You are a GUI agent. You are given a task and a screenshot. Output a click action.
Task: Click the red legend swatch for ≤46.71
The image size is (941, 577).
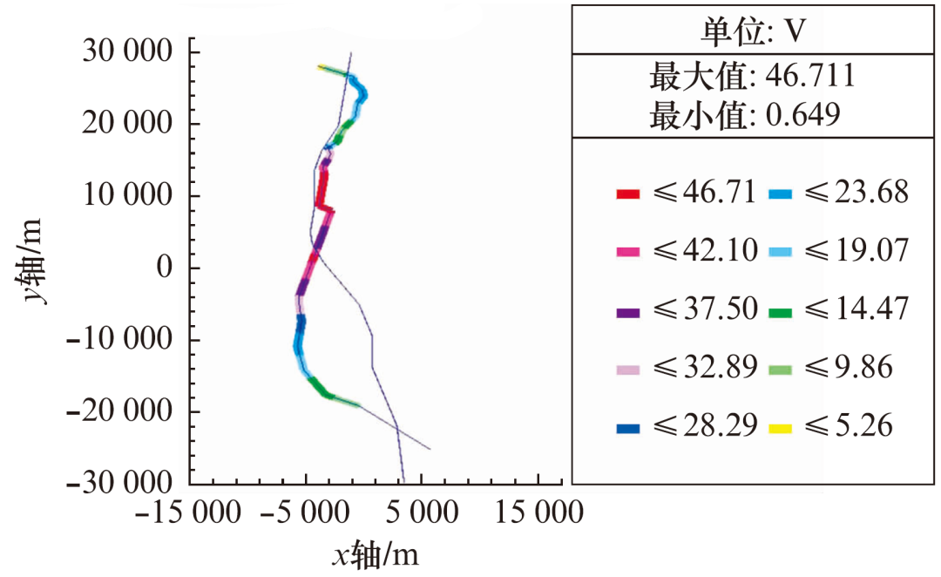tap(628, 193)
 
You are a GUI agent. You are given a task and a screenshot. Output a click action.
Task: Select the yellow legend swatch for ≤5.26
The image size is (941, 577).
tap(778, 427)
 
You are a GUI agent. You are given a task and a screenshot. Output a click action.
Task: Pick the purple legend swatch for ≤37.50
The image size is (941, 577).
tap(628, 309)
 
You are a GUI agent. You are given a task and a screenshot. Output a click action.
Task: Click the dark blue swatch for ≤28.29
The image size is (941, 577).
tap(628, 427)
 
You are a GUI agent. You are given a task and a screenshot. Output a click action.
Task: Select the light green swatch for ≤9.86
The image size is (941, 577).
tap(778, 369)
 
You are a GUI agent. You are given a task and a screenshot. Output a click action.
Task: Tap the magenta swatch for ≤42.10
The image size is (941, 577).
tap(628, 251)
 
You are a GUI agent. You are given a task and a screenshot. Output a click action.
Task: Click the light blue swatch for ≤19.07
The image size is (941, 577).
tap(778, 251)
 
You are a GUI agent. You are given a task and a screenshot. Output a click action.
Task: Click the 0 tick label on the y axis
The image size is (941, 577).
tap(166, 268)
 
